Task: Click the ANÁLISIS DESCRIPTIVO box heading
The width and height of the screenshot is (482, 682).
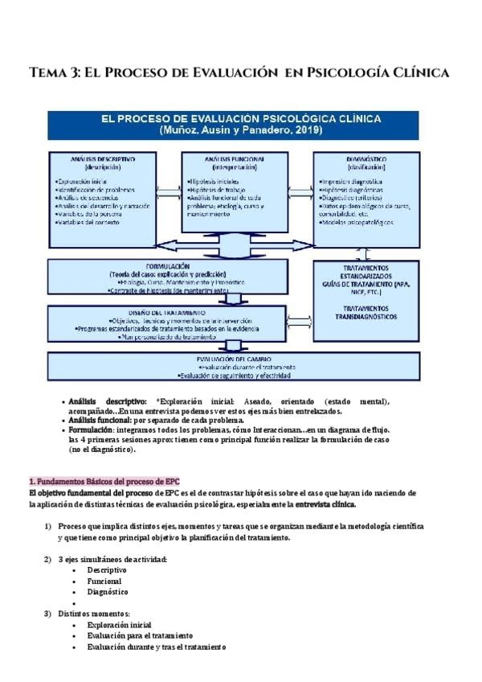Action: [102, 159]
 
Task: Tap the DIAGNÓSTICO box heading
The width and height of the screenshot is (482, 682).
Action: [367, 159]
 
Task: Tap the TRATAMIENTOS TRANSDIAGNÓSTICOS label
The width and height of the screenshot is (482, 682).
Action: [367, 312]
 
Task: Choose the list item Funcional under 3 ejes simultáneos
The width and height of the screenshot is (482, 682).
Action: [104, 580]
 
